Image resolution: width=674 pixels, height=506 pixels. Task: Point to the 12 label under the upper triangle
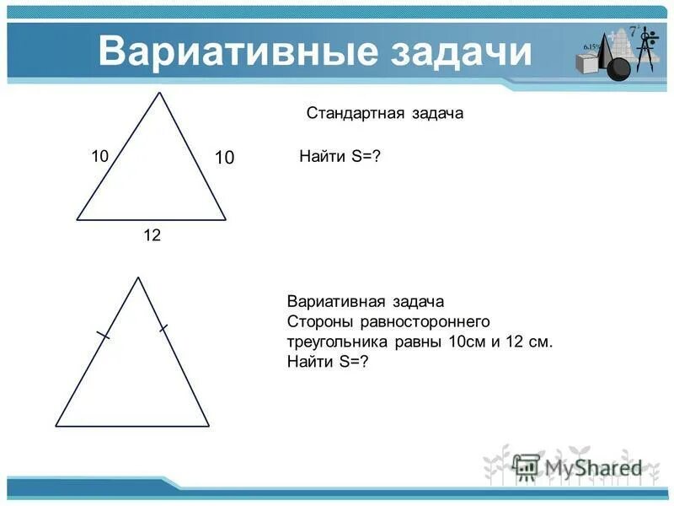tap(152, 236)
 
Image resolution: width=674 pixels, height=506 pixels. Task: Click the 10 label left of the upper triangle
tap(100, 156)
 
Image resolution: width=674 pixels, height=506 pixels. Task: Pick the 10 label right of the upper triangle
tap(223, 158)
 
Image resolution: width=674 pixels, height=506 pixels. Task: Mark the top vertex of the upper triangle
tap(159, 92)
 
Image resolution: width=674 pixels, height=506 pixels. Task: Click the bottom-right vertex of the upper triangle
tap(226, 219)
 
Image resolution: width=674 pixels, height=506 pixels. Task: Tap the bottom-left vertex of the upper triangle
tap(77, 219)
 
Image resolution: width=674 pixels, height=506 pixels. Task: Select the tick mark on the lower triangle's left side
tap(103, 336)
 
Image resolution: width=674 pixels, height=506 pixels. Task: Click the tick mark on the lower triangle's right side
tap(163, 326)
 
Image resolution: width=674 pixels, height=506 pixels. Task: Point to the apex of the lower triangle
tap(137, 277)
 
